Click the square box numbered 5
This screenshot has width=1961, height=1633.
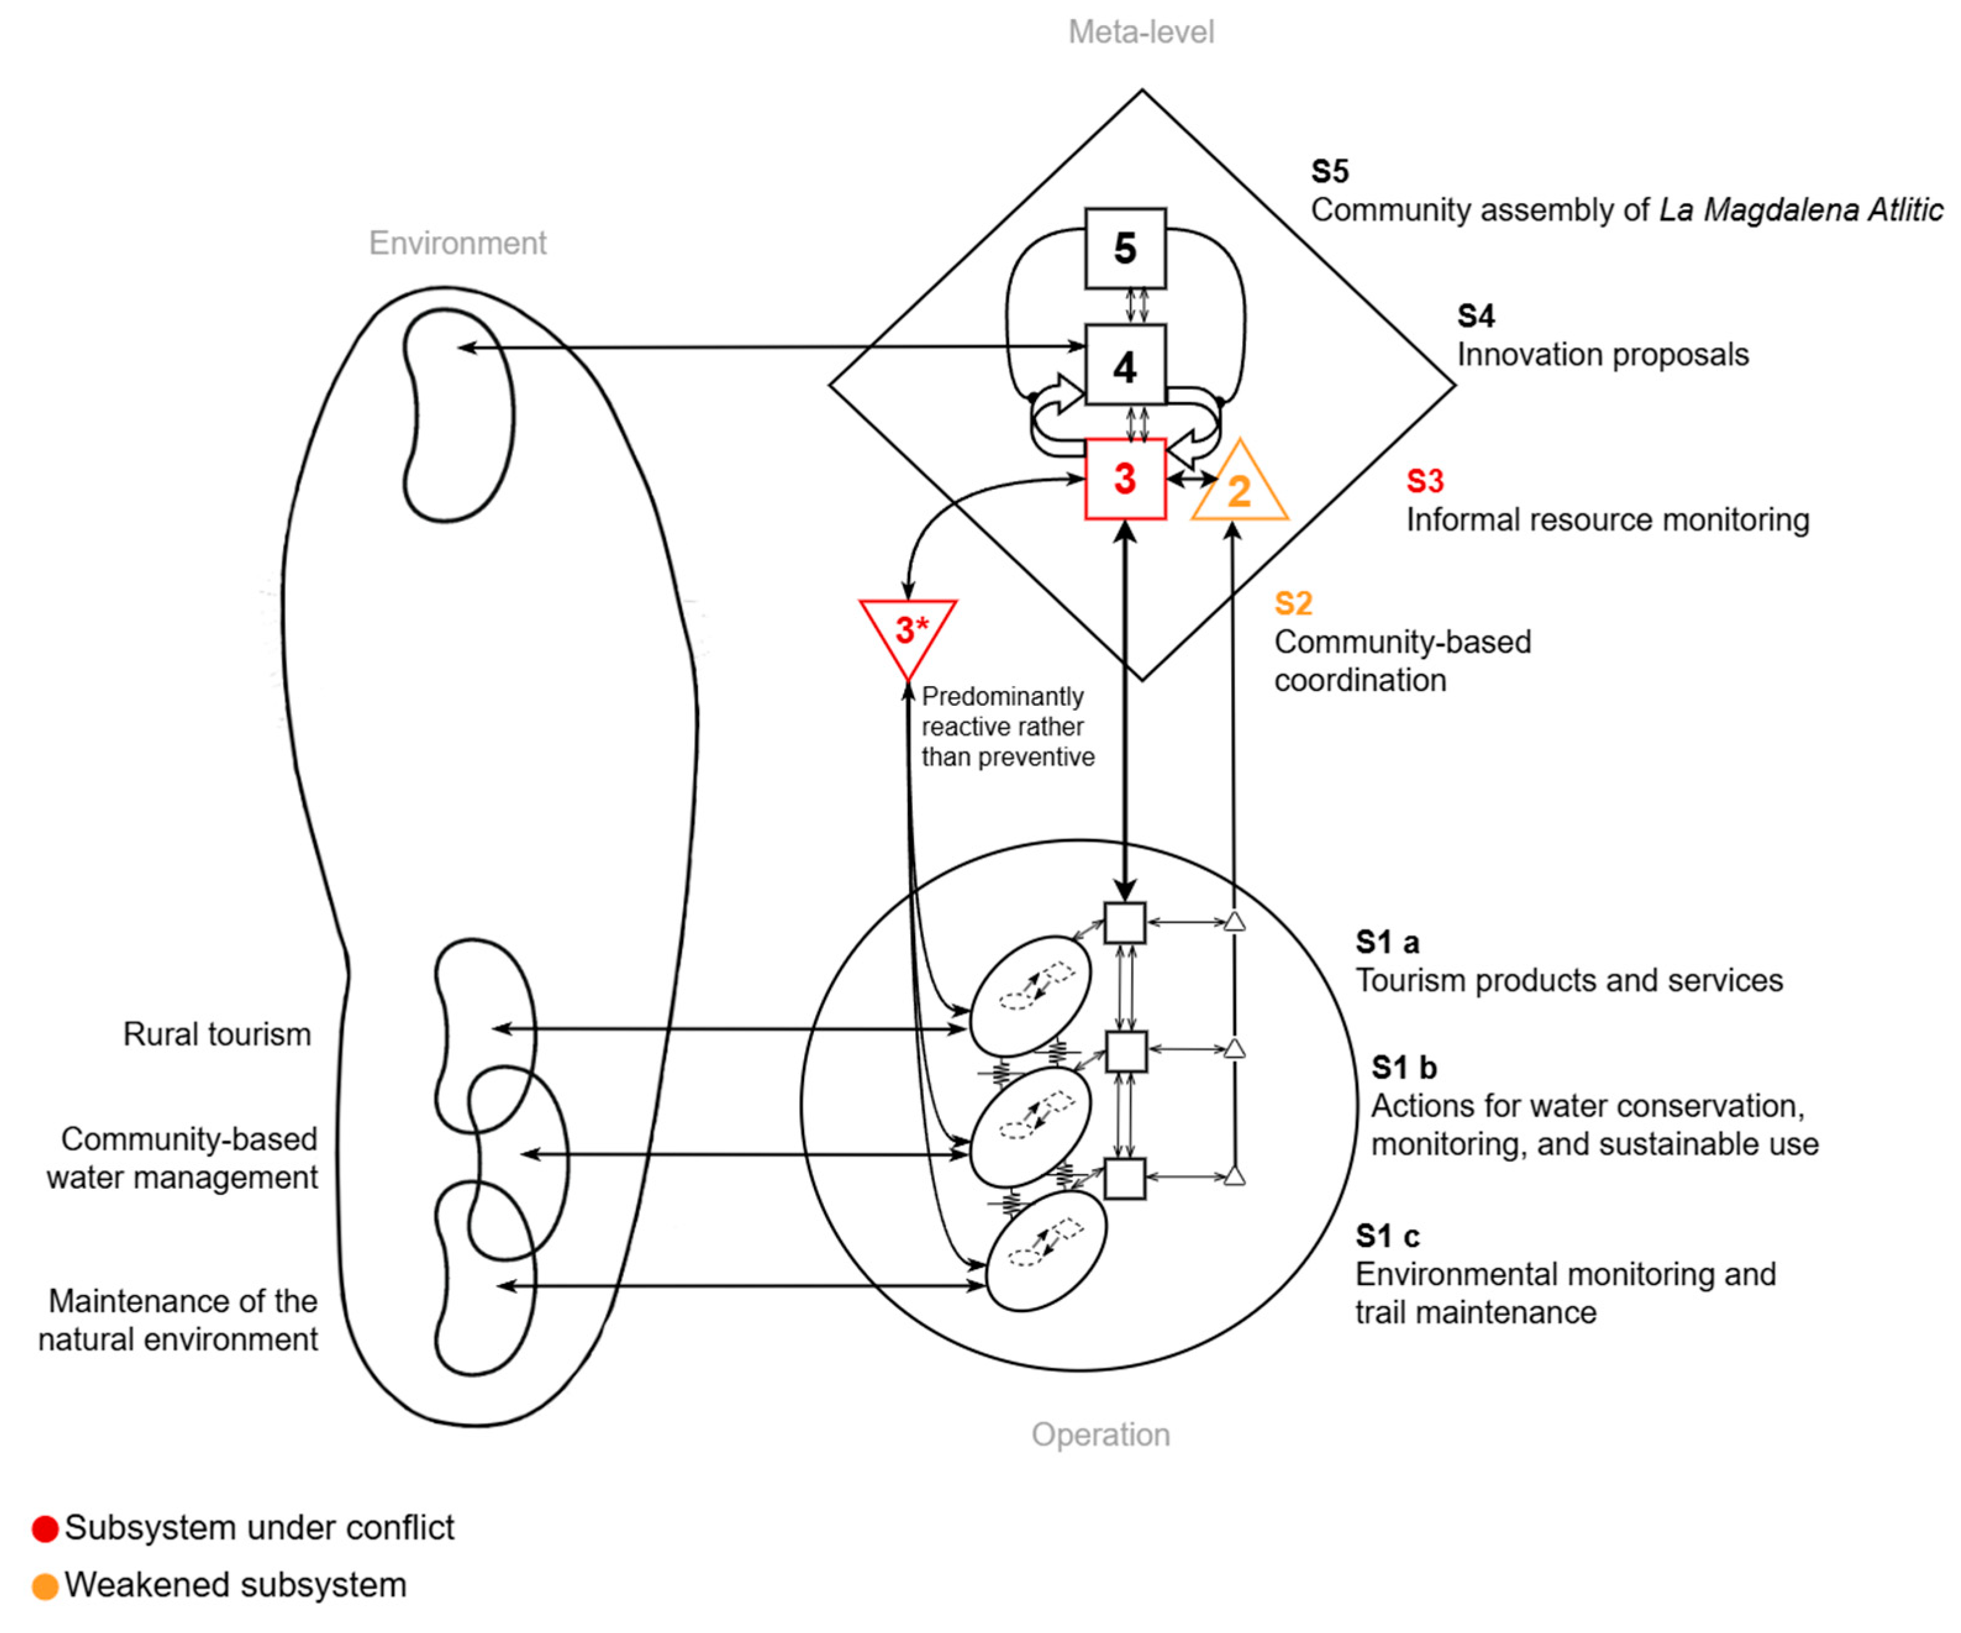tap(1126, 249)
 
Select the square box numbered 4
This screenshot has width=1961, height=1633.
tap(1126, 366)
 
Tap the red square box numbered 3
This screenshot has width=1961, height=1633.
tap(1126, 479)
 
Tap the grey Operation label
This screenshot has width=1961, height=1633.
tap(1100, 1434)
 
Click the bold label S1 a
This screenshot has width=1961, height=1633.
tap(1387, 942)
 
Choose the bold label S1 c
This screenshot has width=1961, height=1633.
tap(1387, 1236)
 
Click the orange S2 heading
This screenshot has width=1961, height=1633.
tap(1293, 603)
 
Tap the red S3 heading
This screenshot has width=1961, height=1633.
tap(1425, 481)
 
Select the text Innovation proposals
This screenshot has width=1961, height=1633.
tap(1602, 355)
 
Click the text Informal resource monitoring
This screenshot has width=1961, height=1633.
tap(1607, 520)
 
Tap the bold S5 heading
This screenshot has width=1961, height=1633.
tap(1330, 171)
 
